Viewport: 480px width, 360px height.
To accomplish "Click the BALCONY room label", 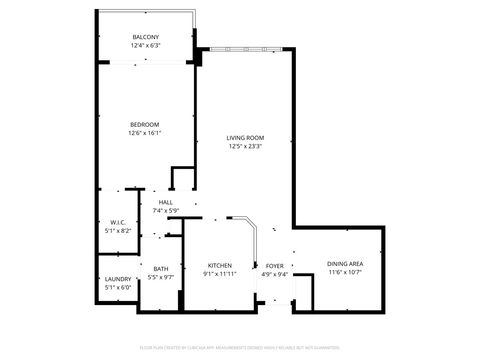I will tap(145, 37).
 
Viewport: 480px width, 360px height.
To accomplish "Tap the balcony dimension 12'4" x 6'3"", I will tap(145, 46).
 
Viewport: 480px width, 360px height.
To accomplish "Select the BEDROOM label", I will tap(145, 124).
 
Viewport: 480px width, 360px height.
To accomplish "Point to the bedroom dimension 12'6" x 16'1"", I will tap(145, 133).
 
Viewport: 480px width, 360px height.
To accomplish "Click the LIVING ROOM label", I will tap(244, 139).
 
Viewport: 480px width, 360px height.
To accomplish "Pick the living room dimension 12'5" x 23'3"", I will tap(244, 148).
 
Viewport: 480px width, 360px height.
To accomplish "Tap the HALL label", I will tap(165, 203).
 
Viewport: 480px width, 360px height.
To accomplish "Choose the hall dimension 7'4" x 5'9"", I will tap(165, 211).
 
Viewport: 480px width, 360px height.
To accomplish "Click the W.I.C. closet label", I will tap(118, 222).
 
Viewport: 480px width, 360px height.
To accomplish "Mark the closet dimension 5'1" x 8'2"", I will tap(118, 231).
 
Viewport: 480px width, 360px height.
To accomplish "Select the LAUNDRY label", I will tap(118, 279).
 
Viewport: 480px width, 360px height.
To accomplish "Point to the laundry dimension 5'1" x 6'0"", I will tap(118, 288).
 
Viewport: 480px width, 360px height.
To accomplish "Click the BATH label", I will tap(161, 268).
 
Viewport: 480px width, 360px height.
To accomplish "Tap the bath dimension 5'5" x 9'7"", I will tap(161, 277).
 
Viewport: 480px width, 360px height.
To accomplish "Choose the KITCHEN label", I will tap(220, 265).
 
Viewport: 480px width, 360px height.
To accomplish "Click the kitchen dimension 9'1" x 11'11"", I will tap(220, 274).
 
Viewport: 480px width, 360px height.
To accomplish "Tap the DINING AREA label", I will tap(345, 264).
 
